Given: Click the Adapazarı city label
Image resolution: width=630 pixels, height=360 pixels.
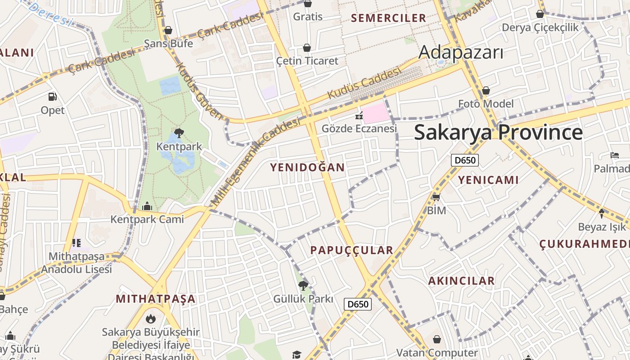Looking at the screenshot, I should pos(461,53).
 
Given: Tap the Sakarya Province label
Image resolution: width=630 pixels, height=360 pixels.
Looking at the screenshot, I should pos(498,132).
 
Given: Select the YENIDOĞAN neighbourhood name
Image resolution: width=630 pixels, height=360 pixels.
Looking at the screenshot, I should pos(307,167).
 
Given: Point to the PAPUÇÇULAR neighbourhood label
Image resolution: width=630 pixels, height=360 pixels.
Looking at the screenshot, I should pos(352,250).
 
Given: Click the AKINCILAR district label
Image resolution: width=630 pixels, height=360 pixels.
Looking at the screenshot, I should pos(461,281).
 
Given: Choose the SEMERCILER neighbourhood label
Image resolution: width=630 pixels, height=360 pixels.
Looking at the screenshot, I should pos(388,18).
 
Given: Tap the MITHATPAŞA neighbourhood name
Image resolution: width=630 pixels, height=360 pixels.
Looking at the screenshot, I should pos(156,299).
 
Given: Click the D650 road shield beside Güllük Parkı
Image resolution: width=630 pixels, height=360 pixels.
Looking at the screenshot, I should pos(358,304).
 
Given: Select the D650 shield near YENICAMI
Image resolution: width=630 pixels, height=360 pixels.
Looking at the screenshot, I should pos(465,160).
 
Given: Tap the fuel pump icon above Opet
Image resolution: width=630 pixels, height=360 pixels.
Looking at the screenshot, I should pos(53,97).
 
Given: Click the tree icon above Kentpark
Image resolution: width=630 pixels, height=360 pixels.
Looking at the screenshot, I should pos(179,133).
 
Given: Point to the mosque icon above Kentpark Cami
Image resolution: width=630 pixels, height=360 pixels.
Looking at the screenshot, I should pos(147,207).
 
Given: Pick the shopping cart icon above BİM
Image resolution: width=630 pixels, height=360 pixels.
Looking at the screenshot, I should pos(436,197).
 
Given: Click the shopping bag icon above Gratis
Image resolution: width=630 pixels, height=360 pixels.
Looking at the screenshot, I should pos(308,4).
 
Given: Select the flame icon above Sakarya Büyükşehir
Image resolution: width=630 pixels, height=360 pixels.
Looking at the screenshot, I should pos(150,319).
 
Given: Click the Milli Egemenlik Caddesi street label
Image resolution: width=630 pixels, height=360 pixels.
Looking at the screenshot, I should pos(256,162).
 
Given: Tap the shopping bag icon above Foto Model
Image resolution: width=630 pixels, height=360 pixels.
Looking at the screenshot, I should pos(486,91).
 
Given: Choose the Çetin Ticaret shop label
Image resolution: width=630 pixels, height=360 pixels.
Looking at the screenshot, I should pos(307,61).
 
